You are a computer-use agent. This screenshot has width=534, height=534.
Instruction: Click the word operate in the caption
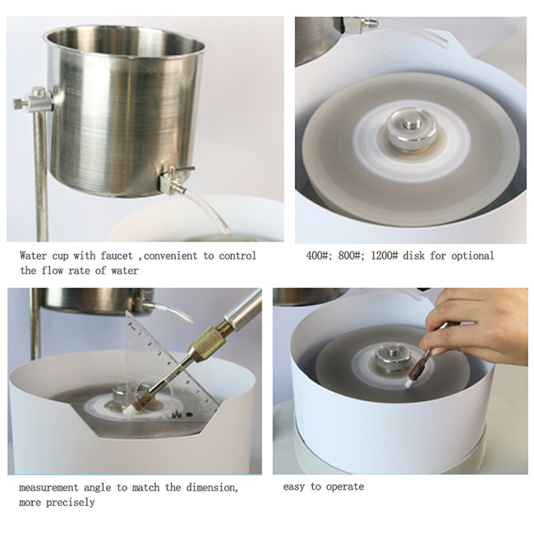coord(345,486)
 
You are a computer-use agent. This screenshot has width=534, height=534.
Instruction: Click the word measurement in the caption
coord(48,488)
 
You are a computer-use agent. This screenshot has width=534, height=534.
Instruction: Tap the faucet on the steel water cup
coord(173,178)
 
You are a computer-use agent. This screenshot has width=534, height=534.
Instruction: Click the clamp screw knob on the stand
coord(21,103)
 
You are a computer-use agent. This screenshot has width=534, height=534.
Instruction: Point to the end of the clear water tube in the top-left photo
coord(225,231)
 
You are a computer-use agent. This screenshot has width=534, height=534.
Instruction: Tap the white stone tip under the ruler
coord(130,413)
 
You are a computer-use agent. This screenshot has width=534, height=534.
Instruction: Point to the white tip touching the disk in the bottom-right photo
coord(409,383)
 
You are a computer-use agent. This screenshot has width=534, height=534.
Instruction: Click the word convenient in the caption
coord(171,255)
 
